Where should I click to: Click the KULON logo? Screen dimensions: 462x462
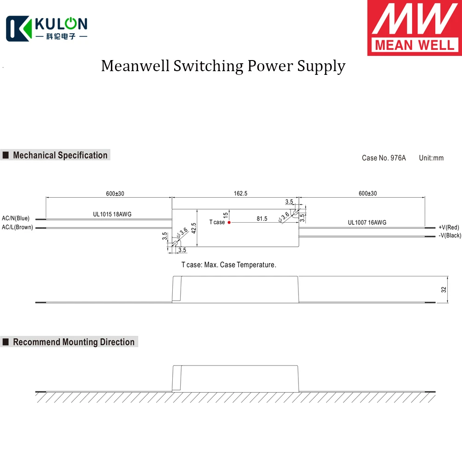(x=46, y=29)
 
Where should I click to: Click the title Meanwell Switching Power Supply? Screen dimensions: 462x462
(x=223, y=66)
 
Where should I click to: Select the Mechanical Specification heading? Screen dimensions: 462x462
(x=60, y=155)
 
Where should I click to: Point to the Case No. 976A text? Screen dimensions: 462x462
(x=383, y=158)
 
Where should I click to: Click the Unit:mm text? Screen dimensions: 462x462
(x=431, y=158)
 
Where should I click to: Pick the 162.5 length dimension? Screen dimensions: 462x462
(x=240, y=194)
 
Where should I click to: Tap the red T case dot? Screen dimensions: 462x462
(x=229, y=222)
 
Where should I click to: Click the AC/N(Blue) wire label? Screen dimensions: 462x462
(x=16, y=218)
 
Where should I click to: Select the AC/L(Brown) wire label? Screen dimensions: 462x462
(x=18, y=227)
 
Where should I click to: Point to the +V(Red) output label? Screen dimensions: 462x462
(x=449, y=227)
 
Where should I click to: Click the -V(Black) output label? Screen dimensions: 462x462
(x=450, y=236)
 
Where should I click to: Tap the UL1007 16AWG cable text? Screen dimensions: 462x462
(x=367, y=223)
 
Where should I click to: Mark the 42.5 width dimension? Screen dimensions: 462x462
(x=194, y=228)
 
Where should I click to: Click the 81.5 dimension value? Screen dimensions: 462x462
(x=262, y=219)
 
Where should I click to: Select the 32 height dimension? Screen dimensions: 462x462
(x=444, y=290)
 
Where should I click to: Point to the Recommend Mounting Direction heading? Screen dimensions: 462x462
(x=73, y=342)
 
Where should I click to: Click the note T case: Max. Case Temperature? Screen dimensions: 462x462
(x=229, y=265)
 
